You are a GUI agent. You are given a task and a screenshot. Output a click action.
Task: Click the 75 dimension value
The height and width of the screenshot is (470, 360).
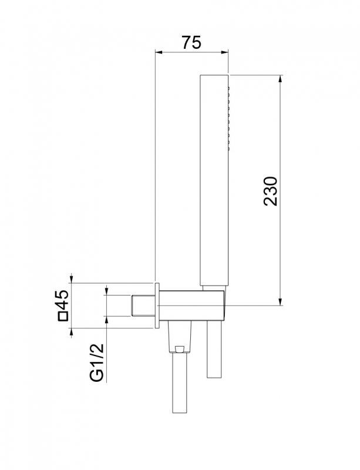pyautogui.click(x=191, y=42)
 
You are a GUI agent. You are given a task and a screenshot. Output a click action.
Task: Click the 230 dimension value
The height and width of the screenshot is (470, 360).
pyautogui.click(x=271, y=192)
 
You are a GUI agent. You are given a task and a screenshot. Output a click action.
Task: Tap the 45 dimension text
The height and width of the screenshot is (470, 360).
pyautogui.click(x=62, y=300)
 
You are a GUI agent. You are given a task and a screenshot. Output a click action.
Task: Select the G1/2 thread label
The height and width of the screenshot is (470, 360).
pyautogui.click(x=97, y=362)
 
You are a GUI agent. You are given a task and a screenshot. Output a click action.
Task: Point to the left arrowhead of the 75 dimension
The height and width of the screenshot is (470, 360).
pyautogui.click(x=158, y=53)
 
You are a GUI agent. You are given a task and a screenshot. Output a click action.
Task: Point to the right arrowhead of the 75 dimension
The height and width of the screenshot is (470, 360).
pyautogui.click(x=225, y=53)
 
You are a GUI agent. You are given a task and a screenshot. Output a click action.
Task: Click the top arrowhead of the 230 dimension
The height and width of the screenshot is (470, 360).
pyautogui.click(x=280, y=78)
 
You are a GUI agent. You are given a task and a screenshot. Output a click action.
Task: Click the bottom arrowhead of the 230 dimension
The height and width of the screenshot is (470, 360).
pyautogui.click(x=280, y=302)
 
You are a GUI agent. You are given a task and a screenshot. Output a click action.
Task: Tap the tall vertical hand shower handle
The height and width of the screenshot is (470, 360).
pyautogui.click(x=214, y=180)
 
